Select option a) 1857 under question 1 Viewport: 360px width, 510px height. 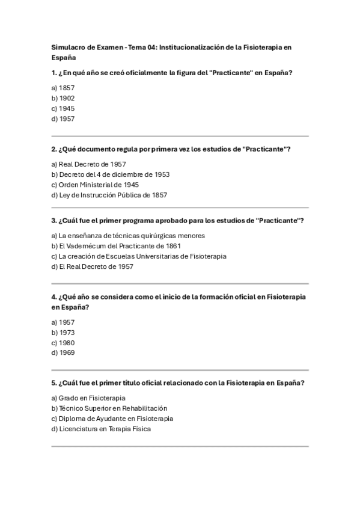(63, 88)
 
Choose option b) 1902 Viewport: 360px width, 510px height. (63, 98)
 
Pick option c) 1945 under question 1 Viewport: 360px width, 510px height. (63, 108)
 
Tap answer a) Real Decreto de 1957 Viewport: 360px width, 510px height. (88, 164)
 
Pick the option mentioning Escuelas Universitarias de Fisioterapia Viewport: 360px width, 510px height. (139, 256)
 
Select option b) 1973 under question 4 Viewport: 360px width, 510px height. (63, 333)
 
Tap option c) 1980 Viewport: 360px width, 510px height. (63, 343)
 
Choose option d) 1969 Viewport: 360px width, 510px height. (63, 353)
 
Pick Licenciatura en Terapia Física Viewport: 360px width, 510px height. (101, 429)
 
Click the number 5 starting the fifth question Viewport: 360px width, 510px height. (53, 383)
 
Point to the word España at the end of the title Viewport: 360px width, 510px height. (64, 58)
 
